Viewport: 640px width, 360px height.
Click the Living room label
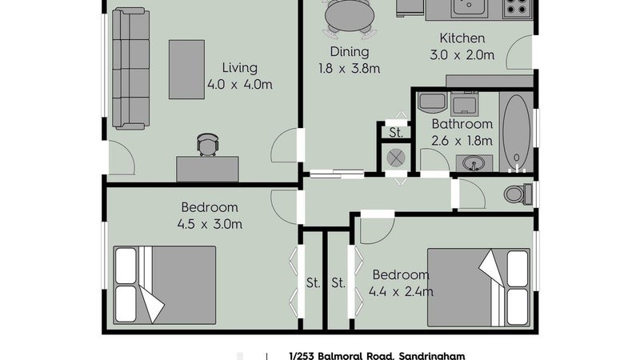coord(239,68)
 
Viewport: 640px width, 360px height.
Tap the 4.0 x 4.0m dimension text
coord(239,85)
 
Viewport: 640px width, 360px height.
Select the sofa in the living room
coord(130,68)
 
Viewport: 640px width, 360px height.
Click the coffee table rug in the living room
coord(186,70)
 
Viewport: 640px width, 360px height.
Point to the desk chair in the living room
coord(207,145)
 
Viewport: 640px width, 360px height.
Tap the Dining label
coord(350,52)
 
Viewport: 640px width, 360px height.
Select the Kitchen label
coord(462,38)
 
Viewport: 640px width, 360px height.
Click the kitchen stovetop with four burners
coord(517,9)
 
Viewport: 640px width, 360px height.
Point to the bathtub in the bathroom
coord(516,131)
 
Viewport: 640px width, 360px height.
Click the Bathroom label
coord(462,124)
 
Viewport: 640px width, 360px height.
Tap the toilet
coord(518,194)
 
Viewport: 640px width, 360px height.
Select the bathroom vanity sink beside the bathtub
coord(474,163)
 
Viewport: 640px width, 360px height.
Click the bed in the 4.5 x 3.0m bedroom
coord(164,285)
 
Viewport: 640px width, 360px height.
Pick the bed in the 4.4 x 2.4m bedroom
coord(478,288)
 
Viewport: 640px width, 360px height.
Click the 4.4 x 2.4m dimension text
coord(401,292)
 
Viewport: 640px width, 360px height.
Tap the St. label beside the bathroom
coord(395,133)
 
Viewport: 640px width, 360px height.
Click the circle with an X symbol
coord(395,158)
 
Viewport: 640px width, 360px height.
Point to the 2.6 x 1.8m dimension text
coord(462,141)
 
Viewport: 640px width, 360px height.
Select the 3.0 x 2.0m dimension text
coord(462,55)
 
